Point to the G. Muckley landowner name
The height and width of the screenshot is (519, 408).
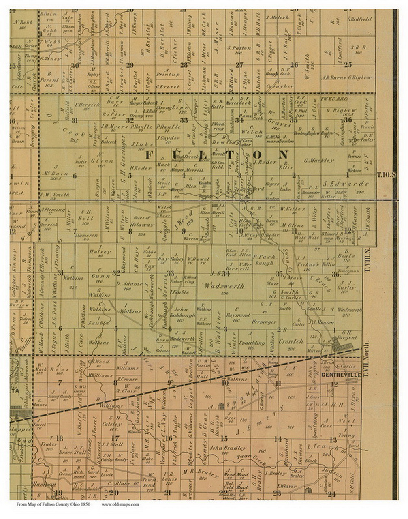click(320, 161)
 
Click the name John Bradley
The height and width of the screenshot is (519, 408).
click(228, 448)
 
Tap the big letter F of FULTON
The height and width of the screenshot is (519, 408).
click(150, 154)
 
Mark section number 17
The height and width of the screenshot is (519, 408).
click(115, 438)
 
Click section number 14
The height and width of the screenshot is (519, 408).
click(278, 439)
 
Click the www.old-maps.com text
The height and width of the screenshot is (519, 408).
click(120, 505)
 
